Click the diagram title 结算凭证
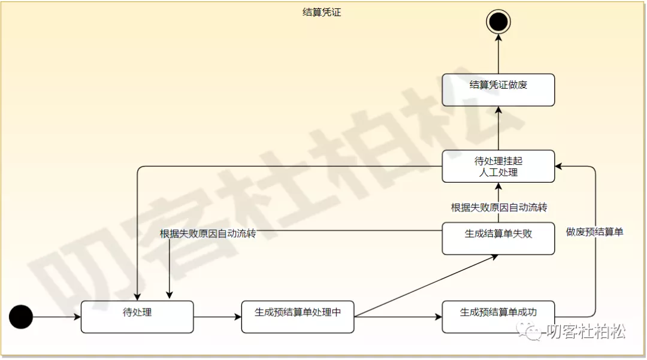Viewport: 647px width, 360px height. point(322,12)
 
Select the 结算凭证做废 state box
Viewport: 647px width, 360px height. point(498,90)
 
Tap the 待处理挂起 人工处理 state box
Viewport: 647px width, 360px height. point(498,166)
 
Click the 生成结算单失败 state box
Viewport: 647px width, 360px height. point(498,238)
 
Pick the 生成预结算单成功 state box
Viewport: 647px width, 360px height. point(498,317)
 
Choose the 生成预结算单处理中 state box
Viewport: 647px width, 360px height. point(298,317)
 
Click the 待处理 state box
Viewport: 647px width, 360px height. point(137,317)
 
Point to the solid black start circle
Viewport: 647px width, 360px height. point(21,317)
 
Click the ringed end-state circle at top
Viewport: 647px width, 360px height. point(498,22)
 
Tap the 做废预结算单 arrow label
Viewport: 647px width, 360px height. point(594,231)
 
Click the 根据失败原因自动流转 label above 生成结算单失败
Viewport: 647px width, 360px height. point(498,207)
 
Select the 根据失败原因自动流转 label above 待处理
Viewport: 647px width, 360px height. point(208,234)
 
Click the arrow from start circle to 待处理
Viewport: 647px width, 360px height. point(57,317)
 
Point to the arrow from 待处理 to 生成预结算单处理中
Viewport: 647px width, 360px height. point(217,317)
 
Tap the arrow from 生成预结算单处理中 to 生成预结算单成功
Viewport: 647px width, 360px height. point(398,317)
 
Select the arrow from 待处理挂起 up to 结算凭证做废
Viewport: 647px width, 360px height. point(498,128)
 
